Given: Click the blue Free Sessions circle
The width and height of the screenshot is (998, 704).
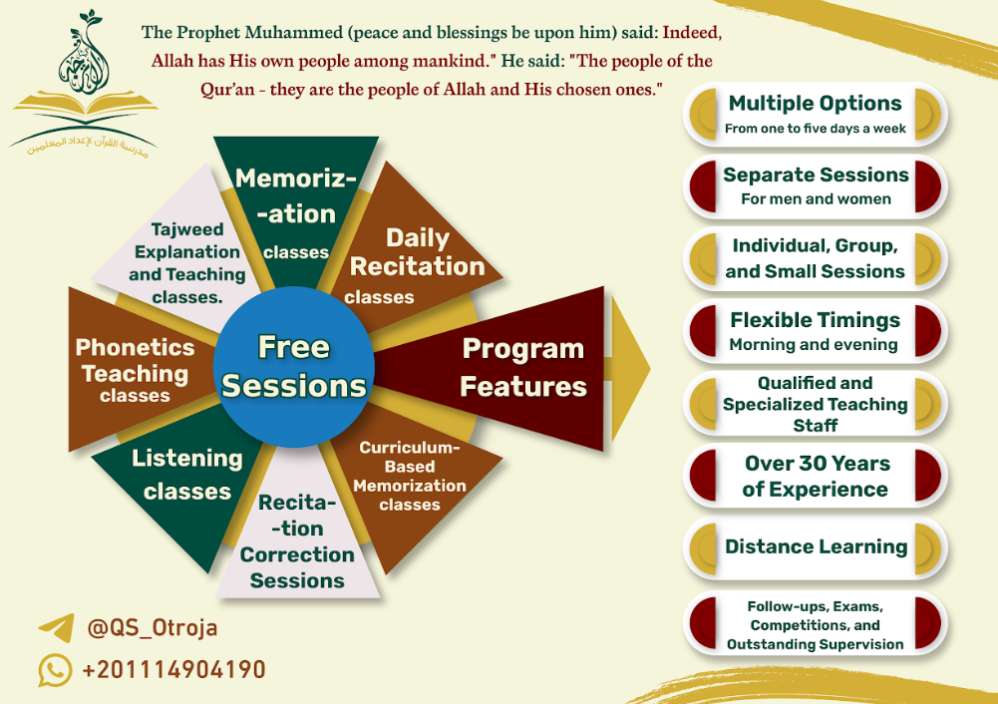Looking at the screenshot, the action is (x=293, y=366).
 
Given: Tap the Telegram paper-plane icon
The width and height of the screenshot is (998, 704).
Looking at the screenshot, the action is (x=56, y=627).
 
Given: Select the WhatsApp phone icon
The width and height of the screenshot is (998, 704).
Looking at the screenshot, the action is (x=56, y=670).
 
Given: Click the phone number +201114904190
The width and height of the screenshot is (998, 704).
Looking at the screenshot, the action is (x=173, y=670).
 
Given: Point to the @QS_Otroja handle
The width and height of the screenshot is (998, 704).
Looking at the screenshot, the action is (x=153, y=627).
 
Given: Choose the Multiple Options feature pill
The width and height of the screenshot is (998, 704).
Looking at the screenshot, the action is (x=816, y=115).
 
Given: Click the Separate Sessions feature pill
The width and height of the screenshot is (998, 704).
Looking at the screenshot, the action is (x=816, y=186).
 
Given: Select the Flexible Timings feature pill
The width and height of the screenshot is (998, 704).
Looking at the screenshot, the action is (x=816, y=331).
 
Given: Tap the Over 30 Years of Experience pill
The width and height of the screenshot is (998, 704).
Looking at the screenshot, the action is (x=816, y=476).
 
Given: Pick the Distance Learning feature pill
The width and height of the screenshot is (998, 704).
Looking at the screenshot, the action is (x=816, y=547).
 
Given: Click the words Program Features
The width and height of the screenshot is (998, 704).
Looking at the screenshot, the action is (x=523, y=367).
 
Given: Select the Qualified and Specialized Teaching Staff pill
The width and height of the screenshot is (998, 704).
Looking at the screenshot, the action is (x=816, y=404).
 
